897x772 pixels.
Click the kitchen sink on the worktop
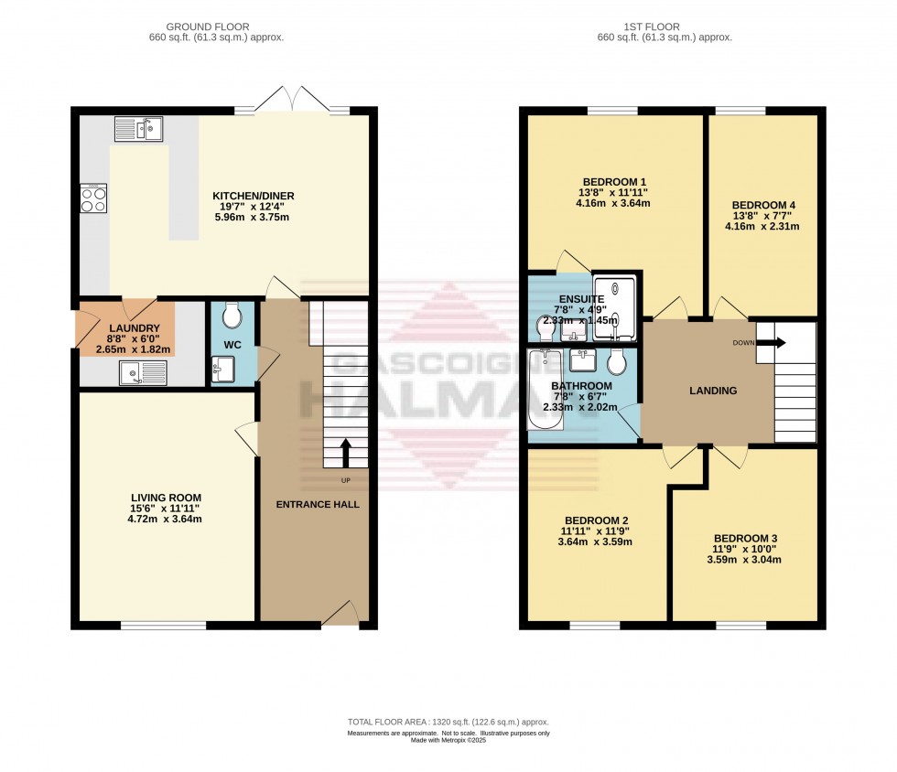[x=138, y=130]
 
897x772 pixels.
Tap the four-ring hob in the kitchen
[x=94, y=198]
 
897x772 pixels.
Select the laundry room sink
[x=142, y=371]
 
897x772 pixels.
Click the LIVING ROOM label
[x=165, y=497]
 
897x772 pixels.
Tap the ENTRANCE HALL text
[x=318, y=504]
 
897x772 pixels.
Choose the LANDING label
[x=712, y=391]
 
